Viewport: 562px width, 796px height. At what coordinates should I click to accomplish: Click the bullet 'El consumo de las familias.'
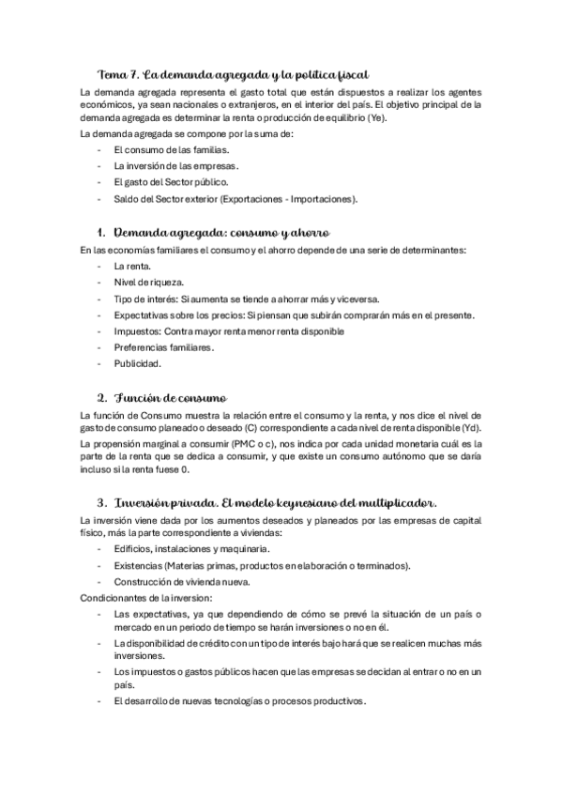click(170, 149)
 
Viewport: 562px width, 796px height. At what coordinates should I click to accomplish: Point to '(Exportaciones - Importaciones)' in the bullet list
click(285, 199)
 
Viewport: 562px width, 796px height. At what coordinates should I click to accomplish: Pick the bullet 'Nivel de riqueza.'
click(148, 282)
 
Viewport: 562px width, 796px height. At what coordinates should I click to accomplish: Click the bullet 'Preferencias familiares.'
click(164, 347)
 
